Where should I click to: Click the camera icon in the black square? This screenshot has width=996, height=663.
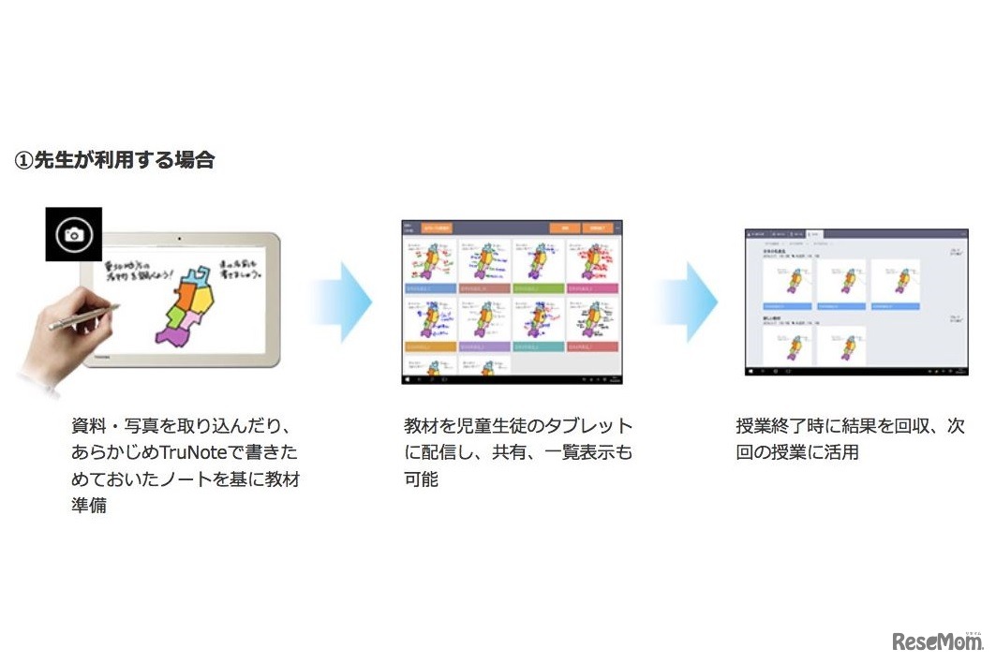pyautogui.click(x=73, y=234)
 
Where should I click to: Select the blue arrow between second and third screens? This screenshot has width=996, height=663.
pyautogui.click(x=689, y=302)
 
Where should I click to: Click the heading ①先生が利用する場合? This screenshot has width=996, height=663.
pyautogui.click(x=114, y=160)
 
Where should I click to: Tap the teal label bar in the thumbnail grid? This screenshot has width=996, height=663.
pyautogui.click(x=539, y=346)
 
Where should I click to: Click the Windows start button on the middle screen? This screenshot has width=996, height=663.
pyautogui.click(x=408, y=380)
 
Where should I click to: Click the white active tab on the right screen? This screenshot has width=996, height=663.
pyautogui.click(x=813, y=233)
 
